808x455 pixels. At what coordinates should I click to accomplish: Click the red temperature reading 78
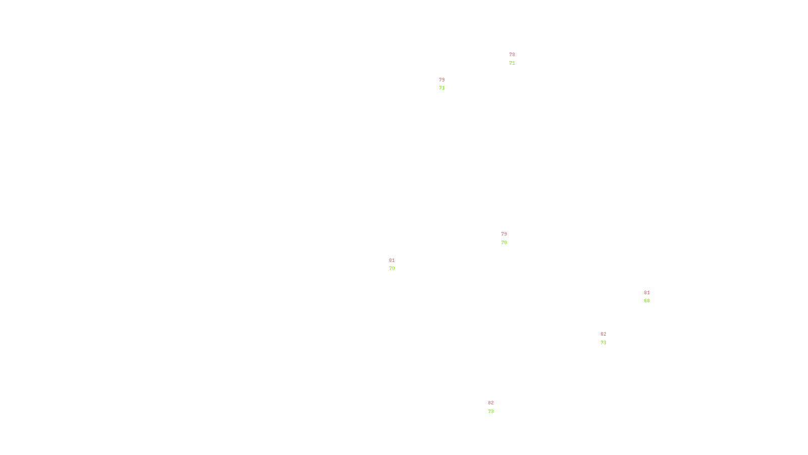pos(512,55)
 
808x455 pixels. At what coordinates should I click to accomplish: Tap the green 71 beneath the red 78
pos(512,63)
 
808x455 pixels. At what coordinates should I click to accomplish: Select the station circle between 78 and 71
pos(517,59)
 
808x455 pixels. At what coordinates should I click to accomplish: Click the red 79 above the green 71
pos(442,80)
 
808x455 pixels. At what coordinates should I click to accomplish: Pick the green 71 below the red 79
pos(442,88)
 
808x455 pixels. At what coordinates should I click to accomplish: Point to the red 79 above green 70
pos(504,234)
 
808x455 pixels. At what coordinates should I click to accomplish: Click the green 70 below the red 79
pos(504,243)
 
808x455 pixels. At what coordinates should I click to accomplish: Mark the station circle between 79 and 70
pos(509,238)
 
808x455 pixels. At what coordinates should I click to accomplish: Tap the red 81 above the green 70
pos(392,260)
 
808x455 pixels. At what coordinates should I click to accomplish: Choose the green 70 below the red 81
pos(392,268)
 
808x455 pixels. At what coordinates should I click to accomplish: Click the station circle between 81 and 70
pos(396,264)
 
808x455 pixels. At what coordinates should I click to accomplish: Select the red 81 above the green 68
pos(647,293)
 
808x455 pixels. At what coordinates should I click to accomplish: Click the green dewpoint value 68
pos(647,301)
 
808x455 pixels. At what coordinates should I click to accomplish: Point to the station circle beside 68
pos(651,297)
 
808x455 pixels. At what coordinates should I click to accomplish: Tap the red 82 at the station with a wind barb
pos(603,334)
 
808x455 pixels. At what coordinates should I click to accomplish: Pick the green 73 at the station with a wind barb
pos(603,343)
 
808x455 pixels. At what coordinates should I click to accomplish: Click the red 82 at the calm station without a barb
pos(491,403)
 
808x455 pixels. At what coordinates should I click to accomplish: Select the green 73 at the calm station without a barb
pos(491,412)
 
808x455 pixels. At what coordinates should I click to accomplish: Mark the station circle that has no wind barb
pos(495,407)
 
